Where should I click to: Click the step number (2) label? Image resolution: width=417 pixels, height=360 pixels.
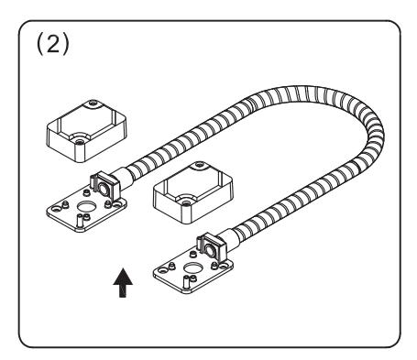tap(53, 44)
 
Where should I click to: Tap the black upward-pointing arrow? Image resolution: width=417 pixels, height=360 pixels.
tap(123, 283)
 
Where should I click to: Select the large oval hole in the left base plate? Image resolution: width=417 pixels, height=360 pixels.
tap(87, 207)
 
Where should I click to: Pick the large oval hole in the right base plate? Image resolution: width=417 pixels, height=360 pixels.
tap(192, 268)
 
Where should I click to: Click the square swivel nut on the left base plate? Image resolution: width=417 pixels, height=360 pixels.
tap(104, 187)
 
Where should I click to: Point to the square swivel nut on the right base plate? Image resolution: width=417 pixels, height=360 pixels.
tap(212, 247)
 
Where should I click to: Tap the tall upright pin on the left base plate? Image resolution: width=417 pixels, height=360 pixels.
tap(80, 220)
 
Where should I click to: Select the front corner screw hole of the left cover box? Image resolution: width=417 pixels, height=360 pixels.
tap(80, 141)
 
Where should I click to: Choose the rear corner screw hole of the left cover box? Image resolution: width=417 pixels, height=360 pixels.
tap(93, 104)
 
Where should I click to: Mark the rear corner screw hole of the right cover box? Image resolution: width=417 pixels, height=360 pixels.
tap(200, 165)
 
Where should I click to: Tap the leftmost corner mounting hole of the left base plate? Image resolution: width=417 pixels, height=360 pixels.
tap(55, 210)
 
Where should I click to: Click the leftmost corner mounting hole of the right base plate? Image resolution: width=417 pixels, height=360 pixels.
tap(161, 271)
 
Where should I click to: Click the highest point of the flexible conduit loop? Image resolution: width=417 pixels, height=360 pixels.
tap(302, 88)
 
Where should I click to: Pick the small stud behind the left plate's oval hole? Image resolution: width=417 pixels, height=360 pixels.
tap(86, 192)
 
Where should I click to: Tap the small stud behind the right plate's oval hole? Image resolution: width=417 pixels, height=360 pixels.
tap(192, 254)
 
